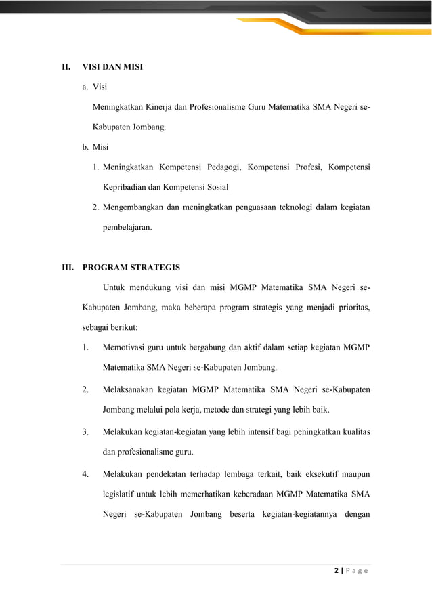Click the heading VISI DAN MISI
click(112, 68)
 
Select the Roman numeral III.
click(68, 266)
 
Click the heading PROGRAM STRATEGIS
click(131, 266)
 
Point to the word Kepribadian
click(125, 187)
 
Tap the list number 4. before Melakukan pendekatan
click(85, 472)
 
